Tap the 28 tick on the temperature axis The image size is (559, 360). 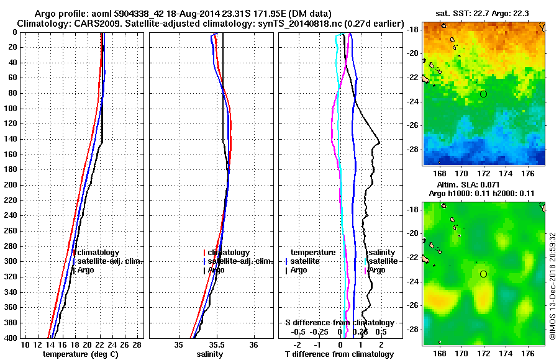point(138,344)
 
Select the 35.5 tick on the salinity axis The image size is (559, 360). point(216,344)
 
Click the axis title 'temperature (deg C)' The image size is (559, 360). point(80,354)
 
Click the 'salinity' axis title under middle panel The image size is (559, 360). point(211,354)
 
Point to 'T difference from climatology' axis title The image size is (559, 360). point(339,354)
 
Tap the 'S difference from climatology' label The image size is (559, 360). point(339,323)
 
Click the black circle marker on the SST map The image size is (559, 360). point(483,94)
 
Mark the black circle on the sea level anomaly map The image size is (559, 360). point(483,274)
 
